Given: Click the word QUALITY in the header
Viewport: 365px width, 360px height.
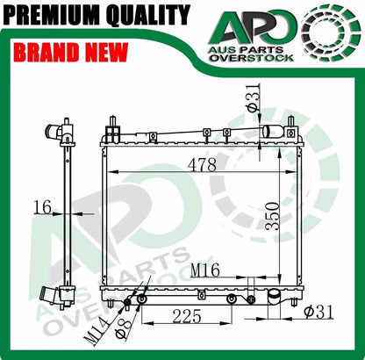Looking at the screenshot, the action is [148, 15].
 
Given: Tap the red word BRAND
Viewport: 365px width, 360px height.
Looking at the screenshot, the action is [46, 52].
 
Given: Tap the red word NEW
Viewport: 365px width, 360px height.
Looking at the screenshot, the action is [105, 52].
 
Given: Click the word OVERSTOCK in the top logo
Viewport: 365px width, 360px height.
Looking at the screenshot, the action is [252, 58].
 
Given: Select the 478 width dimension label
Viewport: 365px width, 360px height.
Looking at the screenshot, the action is [203, 164].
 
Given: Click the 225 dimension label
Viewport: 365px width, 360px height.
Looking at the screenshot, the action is [187, 316].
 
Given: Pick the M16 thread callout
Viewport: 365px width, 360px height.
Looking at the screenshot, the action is [205, 270].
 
